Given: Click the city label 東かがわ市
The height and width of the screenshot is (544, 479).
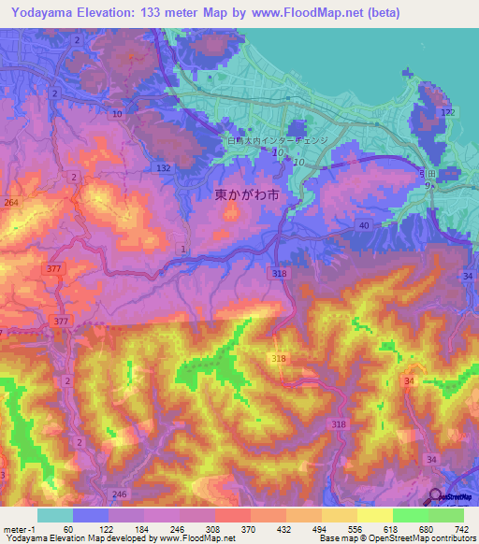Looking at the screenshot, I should pyautogui.click(x=246, y=196).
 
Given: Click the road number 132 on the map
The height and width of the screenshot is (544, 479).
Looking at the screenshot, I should pyautogui.click(x=164, y=166).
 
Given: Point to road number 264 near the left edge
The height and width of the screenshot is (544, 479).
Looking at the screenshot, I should pyautogui.click(x=11, y=201).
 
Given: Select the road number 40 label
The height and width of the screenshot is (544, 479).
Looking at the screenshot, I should pyautogui.click(x=364, y=225).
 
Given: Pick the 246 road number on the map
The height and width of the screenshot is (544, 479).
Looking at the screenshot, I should pyautogui.click(x=119, y=494).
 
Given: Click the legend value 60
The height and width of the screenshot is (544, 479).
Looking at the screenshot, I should pyautogui.click(x=68, y=529).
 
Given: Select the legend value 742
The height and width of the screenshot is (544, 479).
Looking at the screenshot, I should pyautogui.click(x=459, y=529).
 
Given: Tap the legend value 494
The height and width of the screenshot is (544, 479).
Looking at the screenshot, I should pyautogui.click(x=318, y=529).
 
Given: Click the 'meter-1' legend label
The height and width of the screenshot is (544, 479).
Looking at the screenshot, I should pyautogui.click(x=18, y=529).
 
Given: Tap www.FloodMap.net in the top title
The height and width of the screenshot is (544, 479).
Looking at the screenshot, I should pyautogui.click(x=303, y=12).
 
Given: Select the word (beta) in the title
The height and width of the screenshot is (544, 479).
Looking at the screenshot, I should pyautogui.click(x=383, y=12).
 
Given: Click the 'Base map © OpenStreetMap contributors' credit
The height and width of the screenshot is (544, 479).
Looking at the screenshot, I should pyautogui.click(x=394, y=538).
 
